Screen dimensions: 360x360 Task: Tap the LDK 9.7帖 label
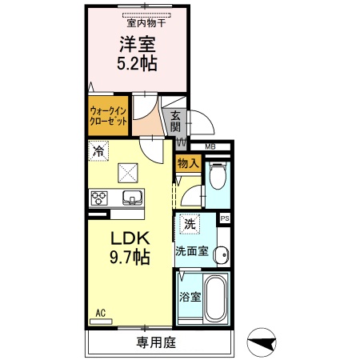click(x=128, y=247)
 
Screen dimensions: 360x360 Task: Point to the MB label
click(x=210, y=146)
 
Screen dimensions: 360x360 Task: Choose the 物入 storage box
click(x=188, y=164)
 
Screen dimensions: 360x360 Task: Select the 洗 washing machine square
click(x=190, y=226)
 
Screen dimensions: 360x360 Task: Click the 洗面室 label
click(x=192, y=250)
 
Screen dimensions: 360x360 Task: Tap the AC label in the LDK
click(x=102, y=312)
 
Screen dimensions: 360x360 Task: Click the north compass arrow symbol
click(x=262, y=342)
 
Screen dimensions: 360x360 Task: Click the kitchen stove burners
click(x=100, y=198)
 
